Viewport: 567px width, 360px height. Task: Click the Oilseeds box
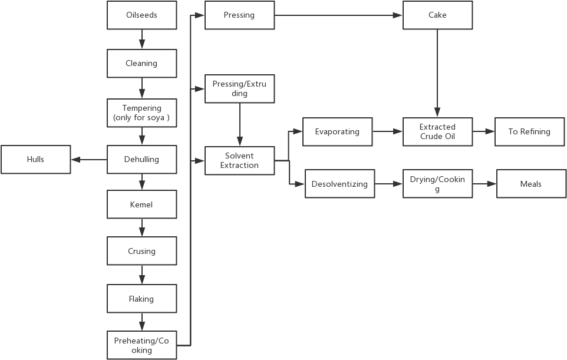(141, 15)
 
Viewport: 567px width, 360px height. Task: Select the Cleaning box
(141, 63)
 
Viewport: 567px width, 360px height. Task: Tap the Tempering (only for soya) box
(141, 113)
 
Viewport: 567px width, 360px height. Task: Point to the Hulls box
(35, 160)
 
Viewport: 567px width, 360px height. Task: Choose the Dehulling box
(141, 160)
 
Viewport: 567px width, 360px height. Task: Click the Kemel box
(141, 204)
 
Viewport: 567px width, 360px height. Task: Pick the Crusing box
(141, 251)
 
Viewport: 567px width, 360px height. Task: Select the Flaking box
(141, 299)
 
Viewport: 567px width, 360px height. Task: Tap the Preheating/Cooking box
(141, 345)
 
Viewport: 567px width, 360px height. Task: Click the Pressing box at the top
(239, 15)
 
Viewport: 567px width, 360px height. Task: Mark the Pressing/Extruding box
(239, 89)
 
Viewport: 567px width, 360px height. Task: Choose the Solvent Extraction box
(239, 160)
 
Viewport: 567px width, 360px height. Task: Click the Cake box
(437, 15)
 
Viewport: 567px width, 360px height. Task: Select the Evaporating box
(337, 131)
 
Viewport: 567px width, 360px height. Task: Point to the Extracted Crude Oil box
(437, 131)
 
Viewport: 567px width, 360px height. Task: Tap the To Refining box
(529, 131)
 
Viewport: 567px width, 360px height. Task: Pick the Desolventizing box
(339, 184)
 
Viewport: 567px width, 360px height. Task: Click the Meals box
(530, 184)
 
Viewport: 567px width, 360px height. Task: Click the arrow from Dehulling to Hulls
(89, 160)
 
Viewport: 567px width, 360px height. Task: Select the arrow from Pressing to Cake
(339, 15)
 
